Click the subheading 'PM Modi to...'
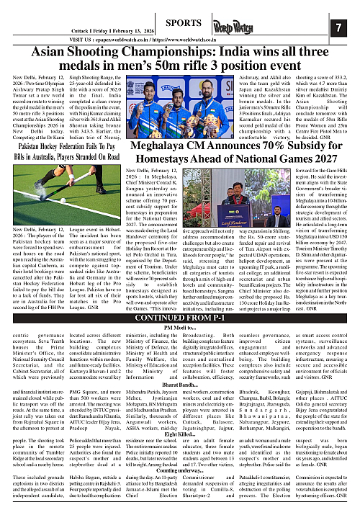click(179, 308)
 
